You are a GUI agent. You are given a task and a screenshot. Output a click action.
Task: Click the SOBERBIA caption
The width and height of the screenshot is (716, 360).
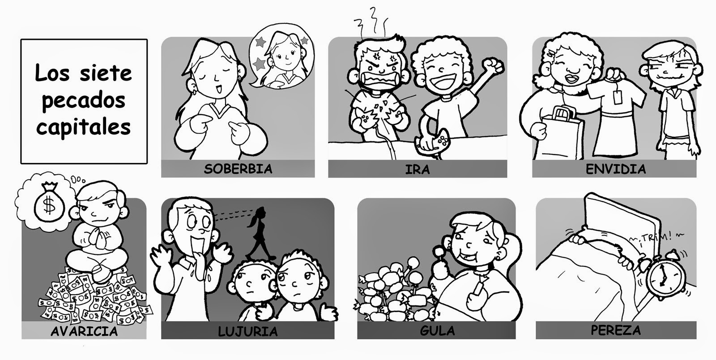[238, 169]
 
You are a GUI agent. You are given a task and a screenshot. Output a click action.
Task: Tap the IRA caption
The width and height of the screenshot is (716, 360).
[418, 169]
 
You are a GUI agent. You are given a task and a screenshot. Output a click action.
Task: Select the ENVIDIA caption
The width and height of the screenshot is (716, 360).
[616, 169]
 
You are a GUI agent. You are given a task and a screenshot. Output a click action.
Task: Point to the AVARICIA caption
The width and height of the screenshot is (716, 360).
[84, 331]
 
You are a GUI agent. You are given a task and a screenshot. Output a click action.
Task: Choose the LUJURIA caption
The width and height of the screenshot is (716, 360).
[248, 331]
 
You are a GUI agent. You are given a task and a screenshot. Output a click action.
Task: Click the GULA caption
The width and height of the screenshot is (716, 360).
[437, 330]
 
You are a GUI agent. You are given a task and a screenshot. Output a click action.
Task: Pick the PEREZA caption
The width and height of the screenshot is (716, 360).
[616, 330]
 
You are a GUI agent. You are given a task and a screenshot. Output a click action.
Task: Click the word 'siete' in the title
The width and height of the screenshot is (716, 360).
[106, 73]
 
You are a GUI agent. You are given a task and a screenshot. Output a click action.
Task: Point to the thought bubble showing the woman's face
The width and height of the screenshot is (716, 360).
[281, 56]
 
